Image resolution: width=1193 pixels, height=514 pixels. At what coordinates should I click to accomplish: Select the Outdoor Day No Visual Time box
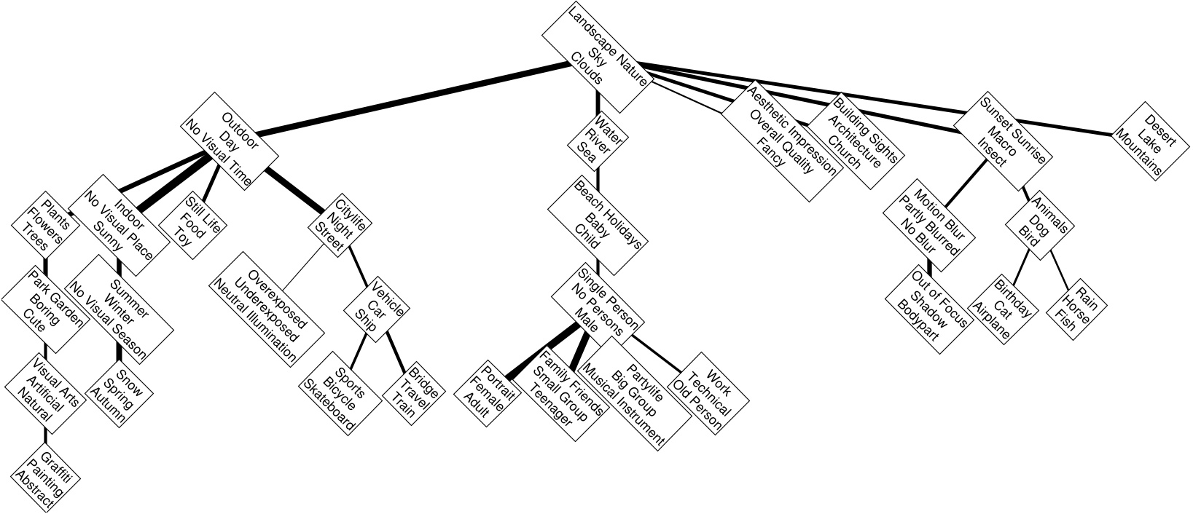[x=230, y=143]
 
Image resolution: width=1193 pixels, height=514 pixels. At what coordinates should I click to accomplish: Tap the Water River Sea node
[x=598, y=140]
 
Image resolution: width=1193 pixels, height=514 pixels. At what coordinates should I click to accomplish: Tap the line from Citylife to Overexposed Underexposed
[x=302, y=268]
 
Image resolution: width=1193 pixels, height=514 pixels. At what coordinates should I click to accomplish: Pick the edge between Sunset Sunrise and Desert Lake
[x=1081, y=129]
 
